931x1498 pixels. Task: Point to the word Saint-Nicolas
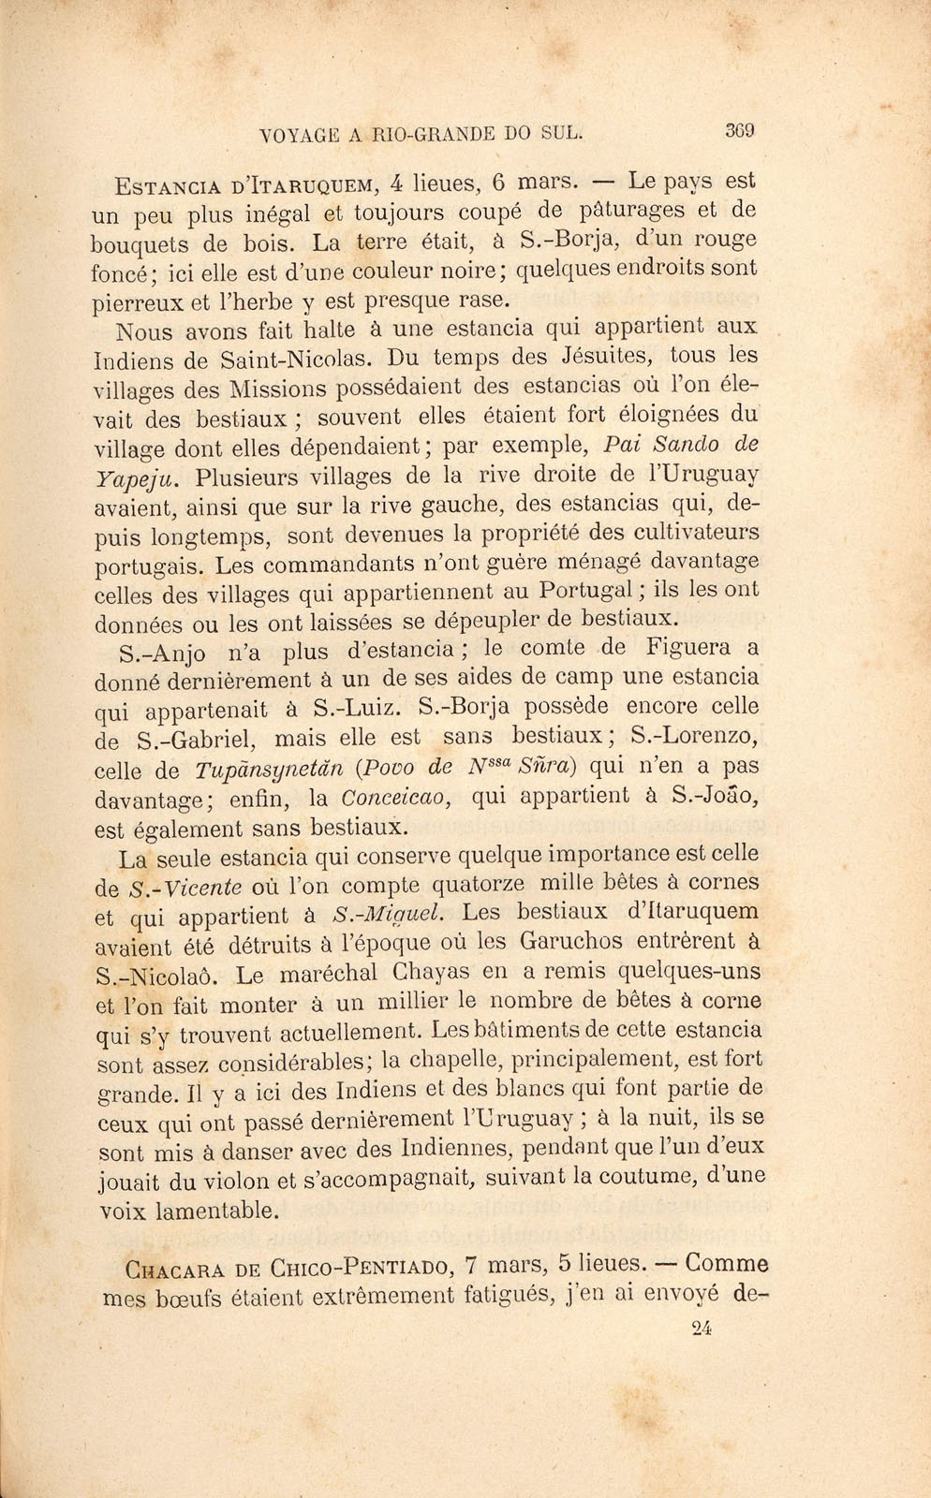pos(297,359)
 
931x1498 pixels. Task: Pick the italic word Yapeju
pos(134,478)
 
